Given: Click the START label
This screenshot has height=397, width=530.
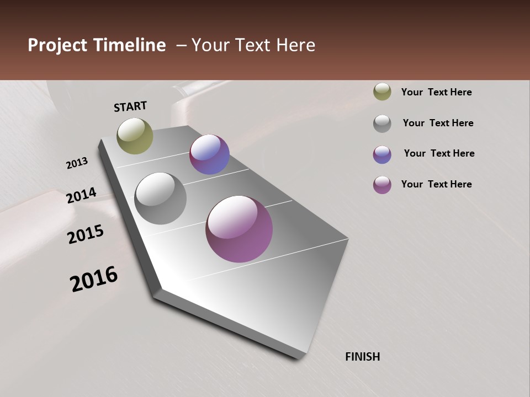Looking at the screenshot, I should point(130,106).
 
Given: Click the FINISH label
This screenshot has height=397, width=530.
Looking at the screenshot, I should point(362,357).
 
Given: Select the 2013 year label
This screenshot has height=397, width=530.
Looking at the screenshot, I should point(77,163).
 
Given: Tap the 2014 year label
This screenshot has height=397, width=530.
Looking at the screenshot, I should point(81,196).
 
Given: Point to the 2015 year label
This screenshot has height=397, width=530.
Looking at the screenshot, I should point(86,234).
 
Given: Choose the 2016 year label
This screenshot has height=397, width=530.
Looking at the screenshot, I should point(94,279).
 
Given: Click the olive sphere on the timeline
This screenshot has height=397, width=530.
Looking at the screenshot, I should point(135,136).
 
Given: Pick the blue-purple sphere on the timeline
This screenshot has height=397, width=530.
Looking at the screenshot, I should point(209,154).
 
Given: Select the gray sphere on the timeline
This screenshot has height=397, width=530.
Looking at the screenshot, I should point(160,198).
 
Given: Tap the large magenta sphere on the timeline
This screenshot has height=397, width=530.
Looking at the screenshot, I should point(239,229).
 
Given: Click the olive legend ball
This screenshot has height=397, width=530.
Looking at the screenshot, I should point(382,92).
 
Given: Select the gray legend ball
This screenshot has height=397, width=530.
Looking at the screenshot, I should point(382,124).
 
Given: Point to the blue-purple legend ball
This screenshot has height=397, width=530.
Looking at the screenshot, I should point(382,154).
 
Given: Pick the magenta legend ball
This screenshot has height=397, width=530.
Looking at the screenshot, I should point(382,185).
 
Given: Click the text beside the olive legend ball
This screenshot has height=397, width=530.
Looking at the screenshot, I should point(436,92).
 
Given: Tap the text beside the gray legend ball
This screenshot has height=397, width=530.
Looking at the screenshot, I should point(438,123).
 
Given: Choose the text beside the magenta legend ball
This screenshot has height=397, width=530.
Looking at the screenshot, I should point(436,184).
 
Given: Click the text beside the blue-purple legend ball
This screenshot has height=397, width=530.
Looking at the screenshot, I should point(439,153).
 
